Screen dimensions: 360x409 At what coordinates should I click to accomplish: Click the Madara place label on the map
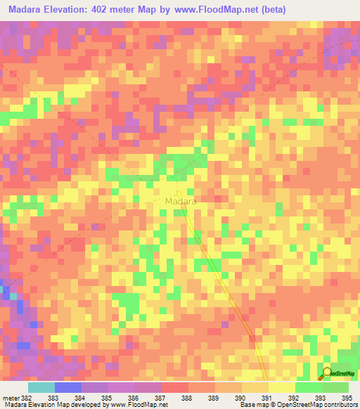[180, 201]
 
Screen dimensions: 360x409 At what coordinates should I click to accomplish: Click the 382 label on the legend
[26, 398]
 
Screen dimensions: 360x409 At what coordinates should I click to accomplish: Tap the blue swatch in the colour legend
[67, 387]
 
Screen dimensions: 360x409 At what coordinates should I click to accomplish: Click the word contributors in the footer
[339, 405]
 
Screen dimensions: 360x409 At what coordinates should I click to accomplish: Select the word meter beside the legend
[10, 398]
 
